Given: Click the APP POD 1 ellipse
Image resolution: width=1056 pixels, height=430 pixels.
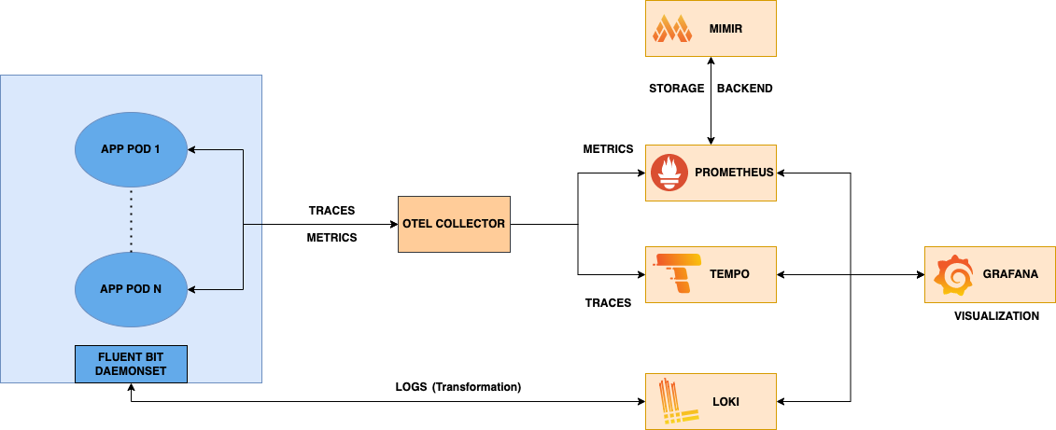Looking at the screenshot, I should [x=131, y=149].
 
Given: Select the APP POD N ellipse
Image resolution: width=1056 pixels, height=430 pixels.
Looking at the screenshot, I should [x=131, y=288].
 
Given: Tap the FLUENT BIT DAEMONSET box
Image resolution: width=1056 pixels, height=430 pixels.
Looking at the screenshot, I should [x=131, y=364].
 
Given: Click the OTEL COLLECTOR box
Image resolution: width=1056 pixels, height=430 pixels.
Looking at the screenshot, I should [x=454, y=224].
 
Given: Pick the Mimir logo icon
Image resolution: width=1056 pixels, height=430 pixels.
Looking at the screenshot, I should [x=671, y=28].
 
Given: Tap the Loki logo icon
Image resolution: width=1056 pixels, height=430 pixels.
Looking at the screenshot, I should [x=672, y=401].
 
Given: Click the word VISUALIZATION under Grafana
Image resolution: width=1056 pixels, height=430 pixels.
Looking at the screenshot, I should [x=996, y=316].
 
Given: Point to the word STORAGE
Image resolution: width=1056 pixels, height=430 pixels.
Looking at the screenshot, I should [x=676, y=89].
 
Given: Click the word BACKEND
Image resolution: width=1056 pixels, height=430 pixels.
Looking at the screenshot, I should [x=744, y=89].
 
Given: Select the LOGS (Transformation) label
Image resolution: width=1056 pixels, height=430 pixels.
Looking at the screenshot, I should [x=458, y=386].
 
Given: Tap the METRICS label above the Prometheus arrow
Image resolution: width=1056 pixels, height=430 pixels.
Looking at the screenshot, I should [x=608, y=149].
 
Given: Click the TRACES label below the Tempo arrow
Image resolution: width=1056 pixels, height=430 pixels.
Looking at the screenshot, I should [x=608, y=302].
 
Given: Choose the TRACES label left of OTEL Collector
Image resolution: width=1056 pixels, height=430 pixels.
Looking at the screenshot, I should [x=331, y=211].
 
